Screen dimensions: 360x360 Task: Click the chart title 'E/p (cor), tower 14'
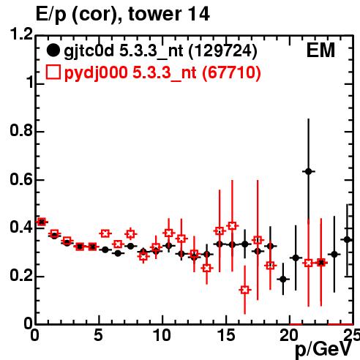(123, 14)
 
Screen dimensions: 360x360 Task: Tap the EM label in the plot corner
(320, 50)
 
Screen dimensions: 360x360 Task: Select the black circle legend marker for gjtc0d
(53, 50)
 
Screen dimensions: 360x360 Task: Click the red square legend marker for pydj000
(53, 72)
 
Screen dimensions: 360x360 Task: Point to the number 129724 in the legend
(223, 50)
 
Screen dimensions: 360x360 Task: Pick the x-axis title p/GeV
(323, 350)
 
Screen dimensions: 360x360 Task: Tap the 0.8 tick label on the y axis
(21, 130)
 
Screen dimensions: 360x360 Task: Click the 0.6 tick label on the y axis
(21, 179)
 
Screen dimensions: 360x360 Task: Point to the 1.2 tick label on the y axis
(21, 34)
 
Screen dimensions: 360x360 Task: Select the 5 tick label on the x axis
(99, 335)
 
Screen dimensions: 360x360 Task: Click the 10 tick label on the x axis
(162, 335)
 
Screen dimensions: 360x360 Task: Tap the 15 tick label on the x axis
(226, 335)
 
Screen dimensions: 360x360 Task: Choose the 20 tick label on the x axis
(289, 335)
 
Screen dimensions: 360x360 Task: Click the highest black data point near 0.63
(309, 171)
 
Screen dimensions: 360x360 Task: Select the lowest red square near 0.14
(245, 290)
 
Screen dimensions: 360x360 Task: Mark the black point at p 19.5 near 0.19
(283, 279)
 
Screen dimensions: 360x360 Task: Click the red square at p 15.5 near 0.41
(232, 226)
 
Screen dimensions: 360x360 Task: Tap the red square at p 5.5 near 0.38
(105, 233)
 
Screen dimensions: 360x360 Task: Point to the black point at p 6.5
(118, 253)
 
